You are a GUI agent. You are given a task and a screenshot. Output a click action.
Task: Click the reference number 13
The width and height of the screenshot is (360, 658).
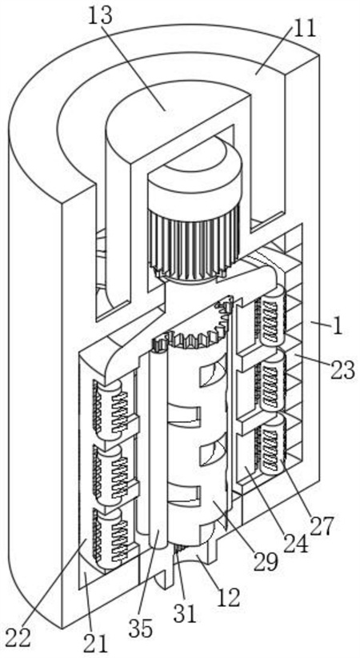100,16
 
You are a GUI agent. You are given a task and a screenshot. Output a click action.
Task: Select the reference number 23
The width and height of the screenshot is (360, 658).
342,371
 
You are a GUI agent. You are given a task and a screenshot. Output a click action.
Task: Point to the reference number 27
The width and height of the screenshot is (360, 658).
322,524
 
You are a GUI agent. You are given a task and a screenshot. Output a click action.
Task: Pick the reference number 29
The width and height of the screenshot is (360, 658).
266,560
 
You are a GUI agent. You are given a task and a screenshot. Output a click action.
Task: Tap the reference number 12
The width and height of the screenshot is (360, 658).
228,596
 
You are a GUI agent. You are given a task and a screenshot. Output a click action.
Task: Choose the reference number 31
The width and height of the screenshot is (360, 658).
186,614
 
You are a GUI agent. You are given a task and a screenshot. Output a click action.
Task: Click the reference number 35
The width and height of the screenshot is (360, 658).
140,629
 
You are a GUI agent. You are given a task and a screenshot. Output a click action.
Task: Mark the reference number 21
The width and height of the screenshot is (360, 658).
96,643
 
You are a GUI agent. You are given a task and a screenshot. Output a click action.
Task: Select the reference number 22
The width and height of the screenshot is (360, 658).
18,638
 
